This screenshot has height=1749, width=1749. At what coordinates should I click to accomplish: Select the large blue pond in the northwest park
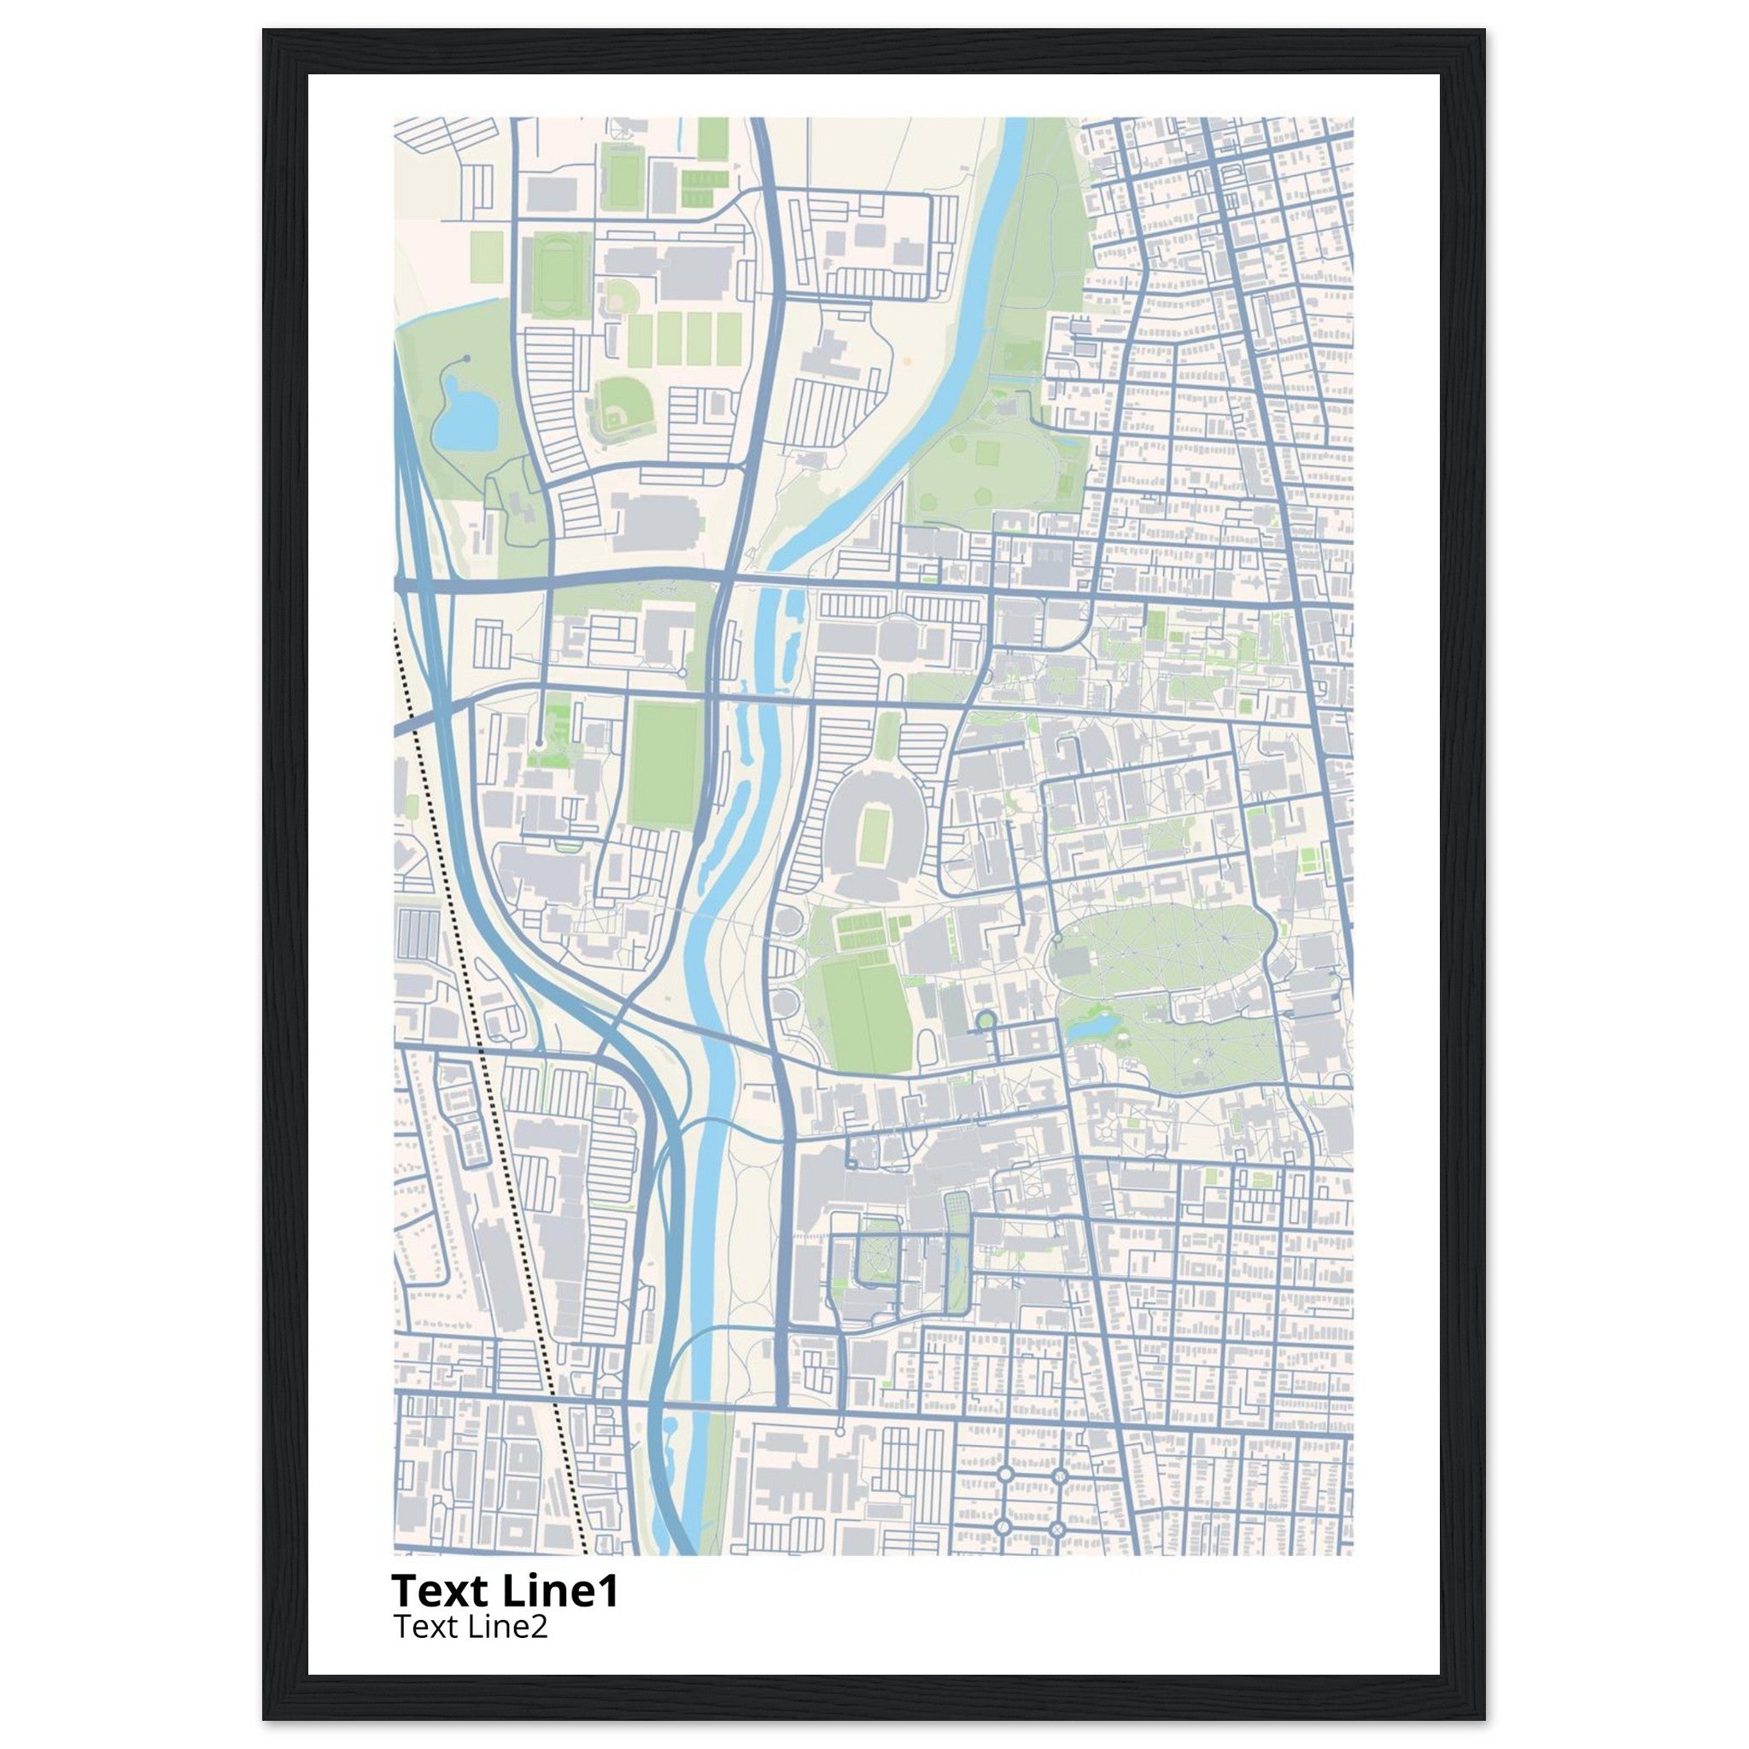coord(465,419)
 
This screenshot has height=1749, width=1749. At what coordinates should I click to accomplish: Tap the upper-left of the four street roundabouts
coord(1004,1474)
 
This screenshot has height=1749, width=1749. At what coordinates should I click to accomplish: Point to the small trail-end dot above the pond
coord(466,359)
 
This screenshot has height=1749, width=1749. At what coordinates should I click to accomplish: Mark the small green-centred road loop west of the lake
coord(985,1021)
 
